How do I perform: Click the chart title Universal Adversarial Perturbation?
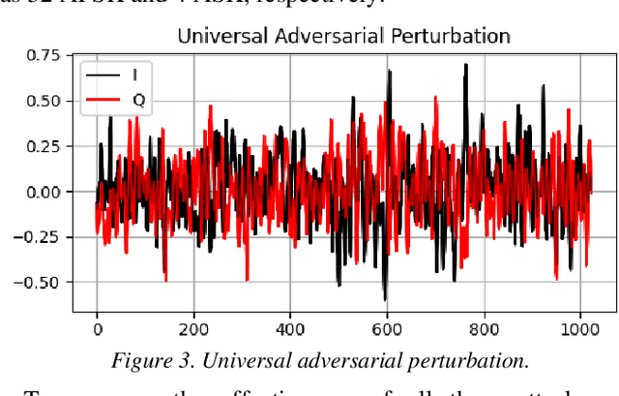tap(344, 37)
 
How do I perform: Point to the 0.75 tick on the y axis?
tap(44, 55)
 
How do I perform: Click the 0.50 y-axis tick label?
tap(44, 101)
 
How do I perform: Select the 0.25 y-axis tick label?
tap(44, 146)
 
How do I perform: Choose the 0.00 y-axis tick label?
tap(44, 192)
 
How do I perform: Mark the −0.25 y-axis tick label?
tap(41, 237)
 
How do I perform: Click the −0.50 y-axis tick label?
tap(41, 283)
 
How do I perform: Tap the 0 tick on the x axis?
tap(97, 329)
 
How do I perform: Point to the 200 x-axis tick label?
tap(193, 329)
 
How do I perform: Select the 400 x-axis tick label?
tap(290, 329)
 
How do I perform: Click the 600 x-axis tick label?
tap(387, 329)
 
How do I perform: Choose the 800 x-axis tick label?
tap(484, 329)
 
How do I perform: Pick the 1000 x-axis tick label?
tap(580, 329)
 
